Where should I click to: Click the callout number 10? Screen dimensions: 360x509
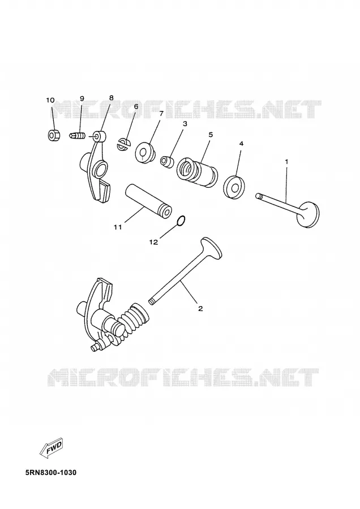coord(50,100)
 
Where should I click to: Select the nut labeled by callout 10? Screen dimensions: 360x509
coord(54,135)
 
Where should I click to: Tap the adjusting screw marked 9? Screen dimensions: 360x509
coord(78,135)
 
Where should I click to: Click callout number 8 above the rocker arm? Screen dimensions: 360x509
coord(111,98)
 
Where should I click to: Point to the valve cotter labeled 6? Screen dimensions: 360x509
coord(123,144)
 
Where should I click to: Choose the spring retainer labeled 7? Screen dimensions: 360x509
coord(145,153)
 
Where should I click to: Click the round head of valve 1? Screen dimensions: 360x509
coord(308,214)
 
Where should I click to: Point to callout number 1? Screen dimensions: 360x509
coord(286,162)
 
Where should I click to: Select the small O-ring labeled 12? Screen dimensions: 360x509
coord(181,221)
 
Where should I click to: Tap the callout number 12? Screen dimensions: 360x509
coord(153,242)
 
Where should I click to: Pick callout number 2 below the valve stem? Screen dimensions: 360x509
coord(200,308)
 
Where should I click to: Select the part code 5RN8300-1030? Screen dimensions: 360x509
coord(51,472)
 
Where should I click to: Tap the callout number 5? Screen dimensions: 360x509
coord(211,135)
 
